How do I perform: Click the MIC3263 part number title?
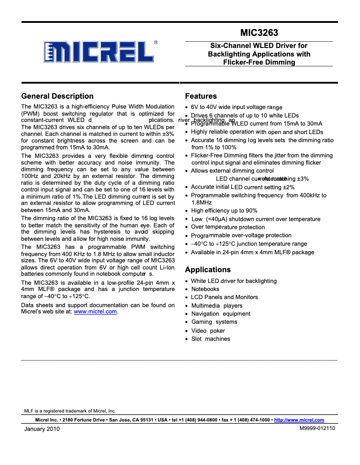coord(259,33)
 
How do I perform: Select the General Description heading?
coord(57,96)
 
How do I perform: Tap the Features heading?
coord(201,96)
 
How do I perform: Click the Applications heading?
coord(208,269)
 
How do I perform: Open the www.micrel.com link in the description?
coord(95,312)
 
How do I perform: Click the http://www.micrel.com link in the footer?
coord(299,420)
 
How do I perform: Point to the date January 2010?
coord(42,429)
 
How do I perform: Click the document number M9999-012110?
coord(317,428)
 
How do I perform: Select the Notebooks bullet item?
coord(205,289)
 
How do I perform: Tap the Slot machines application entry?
coord(211,339)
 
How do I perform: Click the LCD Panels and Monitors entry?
coord(224,297)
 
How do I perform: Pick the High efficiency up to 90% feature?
coord(224,211)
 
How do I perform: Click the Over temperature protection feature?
coord(228,227)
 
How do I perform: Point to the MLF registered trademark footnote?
coord(70,411)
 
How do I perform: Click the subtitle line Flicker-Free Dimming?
coord(259,62)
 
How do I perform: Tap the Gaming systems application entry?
coord(208,322)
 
